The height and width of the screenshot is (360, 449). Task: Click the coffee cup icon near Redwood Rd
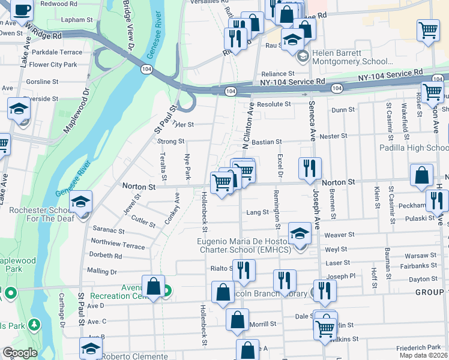coord(22,10)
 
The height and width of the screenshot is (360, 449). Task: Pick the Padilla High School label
coord(414,148)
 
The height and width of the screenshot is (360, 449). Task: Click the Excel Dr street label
coord(279,166)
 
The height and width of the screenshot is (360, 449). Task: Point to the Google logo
coord(20,353)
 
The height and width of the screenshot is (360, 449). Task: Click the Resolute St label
coord(274,104)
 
